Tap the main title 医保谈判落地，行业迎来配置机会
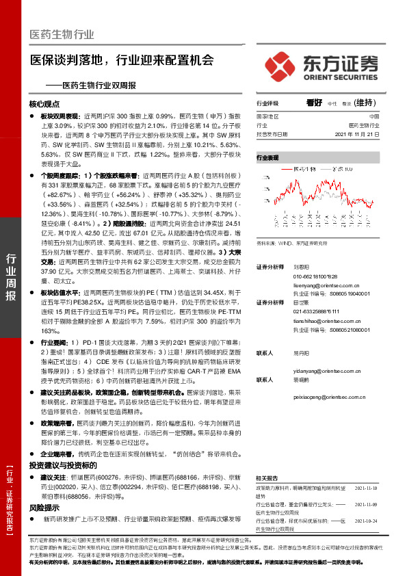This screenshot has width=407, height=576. [x=122, y=60]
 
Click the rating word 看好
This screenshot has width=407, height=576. [x=314, y=103]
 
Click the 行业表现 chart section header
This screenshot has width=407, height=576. [x=268, y=157]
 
